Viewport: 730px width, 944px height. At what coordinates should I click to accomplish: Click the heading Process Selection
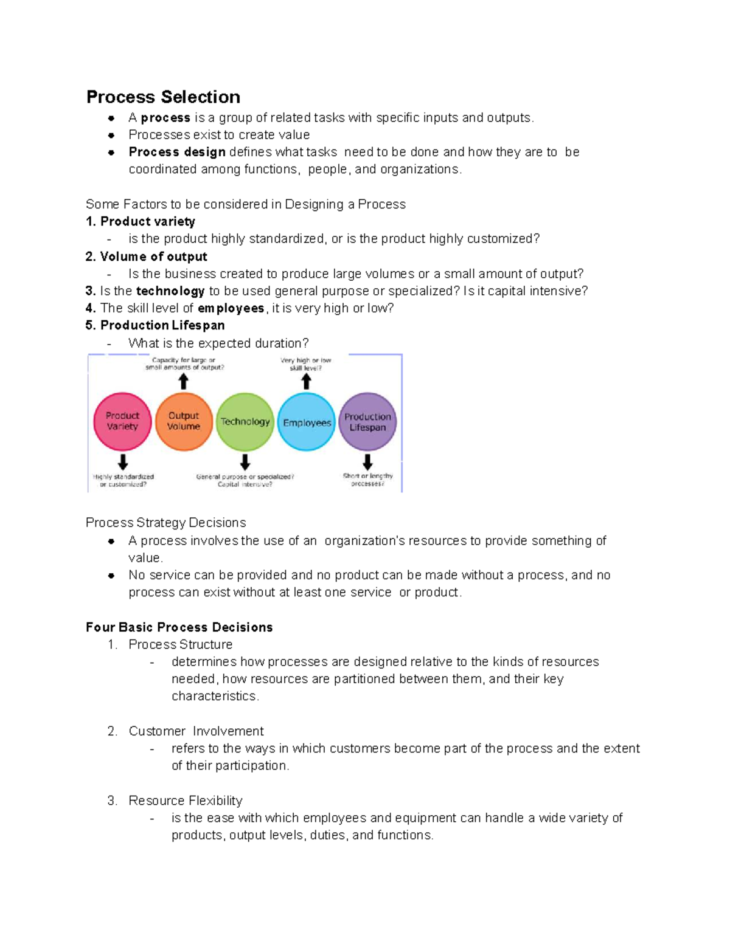[163, 97]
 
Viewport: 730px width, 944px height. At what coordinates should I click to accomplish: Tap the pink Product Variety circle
[122, 421]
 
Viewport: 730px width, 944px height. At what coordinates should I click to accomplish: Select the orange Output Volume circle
[184, 421]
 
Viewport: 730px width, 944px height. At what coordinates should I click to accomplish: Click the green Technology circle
[245, 422]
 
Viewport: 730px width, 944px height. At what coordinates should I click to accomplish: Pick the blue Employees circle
[307, 422]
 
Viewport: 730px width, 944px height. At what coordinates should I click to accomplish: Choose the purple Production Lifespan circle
[367, 422]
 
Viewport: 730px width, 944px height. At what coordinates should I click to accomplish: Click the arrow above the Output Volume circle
[183, 382]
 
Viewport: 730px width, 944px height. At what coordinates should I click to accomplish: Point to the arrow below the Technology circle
[245, 462]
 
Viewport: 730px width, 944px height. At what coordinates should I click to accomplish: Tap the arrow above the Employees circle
[307, 382]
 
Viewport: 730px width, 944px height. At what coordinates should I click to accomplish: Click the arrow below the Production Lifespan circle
[367, 462]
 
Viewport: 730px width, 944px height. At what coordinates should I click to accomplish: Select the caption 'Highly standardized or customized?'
[123, 480]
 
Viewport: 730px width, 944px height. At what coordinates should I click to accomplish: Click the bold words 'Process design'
[177, 152]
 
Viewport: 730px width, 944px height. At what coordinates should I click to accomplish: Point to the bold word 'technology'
[170, 291]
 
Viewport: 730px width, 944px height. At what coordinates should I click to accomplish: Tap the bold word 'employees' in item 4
[231, 308]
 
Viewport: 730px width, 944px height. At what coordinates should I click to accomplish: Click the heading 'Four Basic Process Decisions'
[179, 627]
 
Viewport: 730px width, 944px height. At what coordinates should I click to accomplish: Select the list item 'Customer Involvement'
[196, 731]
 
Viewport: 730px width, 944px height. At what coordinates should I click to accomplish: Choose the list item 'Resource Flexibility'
[185, 801]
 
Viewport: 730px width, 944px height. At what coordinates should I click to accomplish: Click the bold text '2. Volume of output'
[147, 257]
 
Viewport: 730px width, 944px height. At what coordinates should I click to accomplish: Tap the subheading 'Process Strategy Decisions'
[165, 523]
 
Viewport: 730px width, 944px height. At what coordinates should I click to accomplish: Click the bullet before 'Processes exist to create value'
[111, 135]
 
